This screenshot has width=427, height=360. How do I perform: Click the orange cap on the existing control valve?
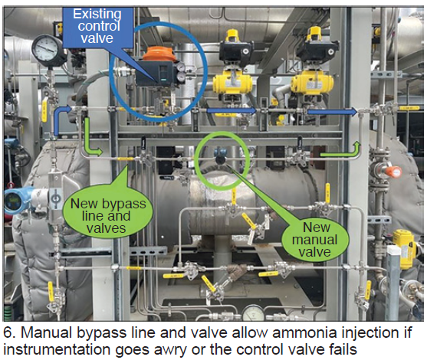[x=156, y=54]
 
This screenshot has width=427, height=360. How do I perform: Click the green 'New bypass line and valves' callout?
[x=107, y=215]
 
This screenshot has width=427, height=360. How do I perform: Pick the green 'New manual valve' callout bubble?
[x=314, y=240]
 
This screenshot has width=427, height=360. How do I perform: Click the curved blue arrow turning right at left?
[x=62, y=119]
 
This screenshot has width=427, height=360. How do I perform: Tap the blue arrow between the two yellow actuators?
[x=232, y=110]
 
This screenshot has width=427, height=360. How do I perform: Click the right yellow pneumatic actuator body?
[x=312, y=83]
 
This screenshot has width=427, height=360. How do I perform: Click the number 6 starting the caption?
[x=8, y=333]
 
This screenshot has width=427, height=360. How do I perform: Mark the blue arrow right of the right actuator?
[x=332, y=111]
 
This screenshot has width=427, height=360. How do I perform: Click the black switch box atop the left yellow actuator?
[x=236, y=51]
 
